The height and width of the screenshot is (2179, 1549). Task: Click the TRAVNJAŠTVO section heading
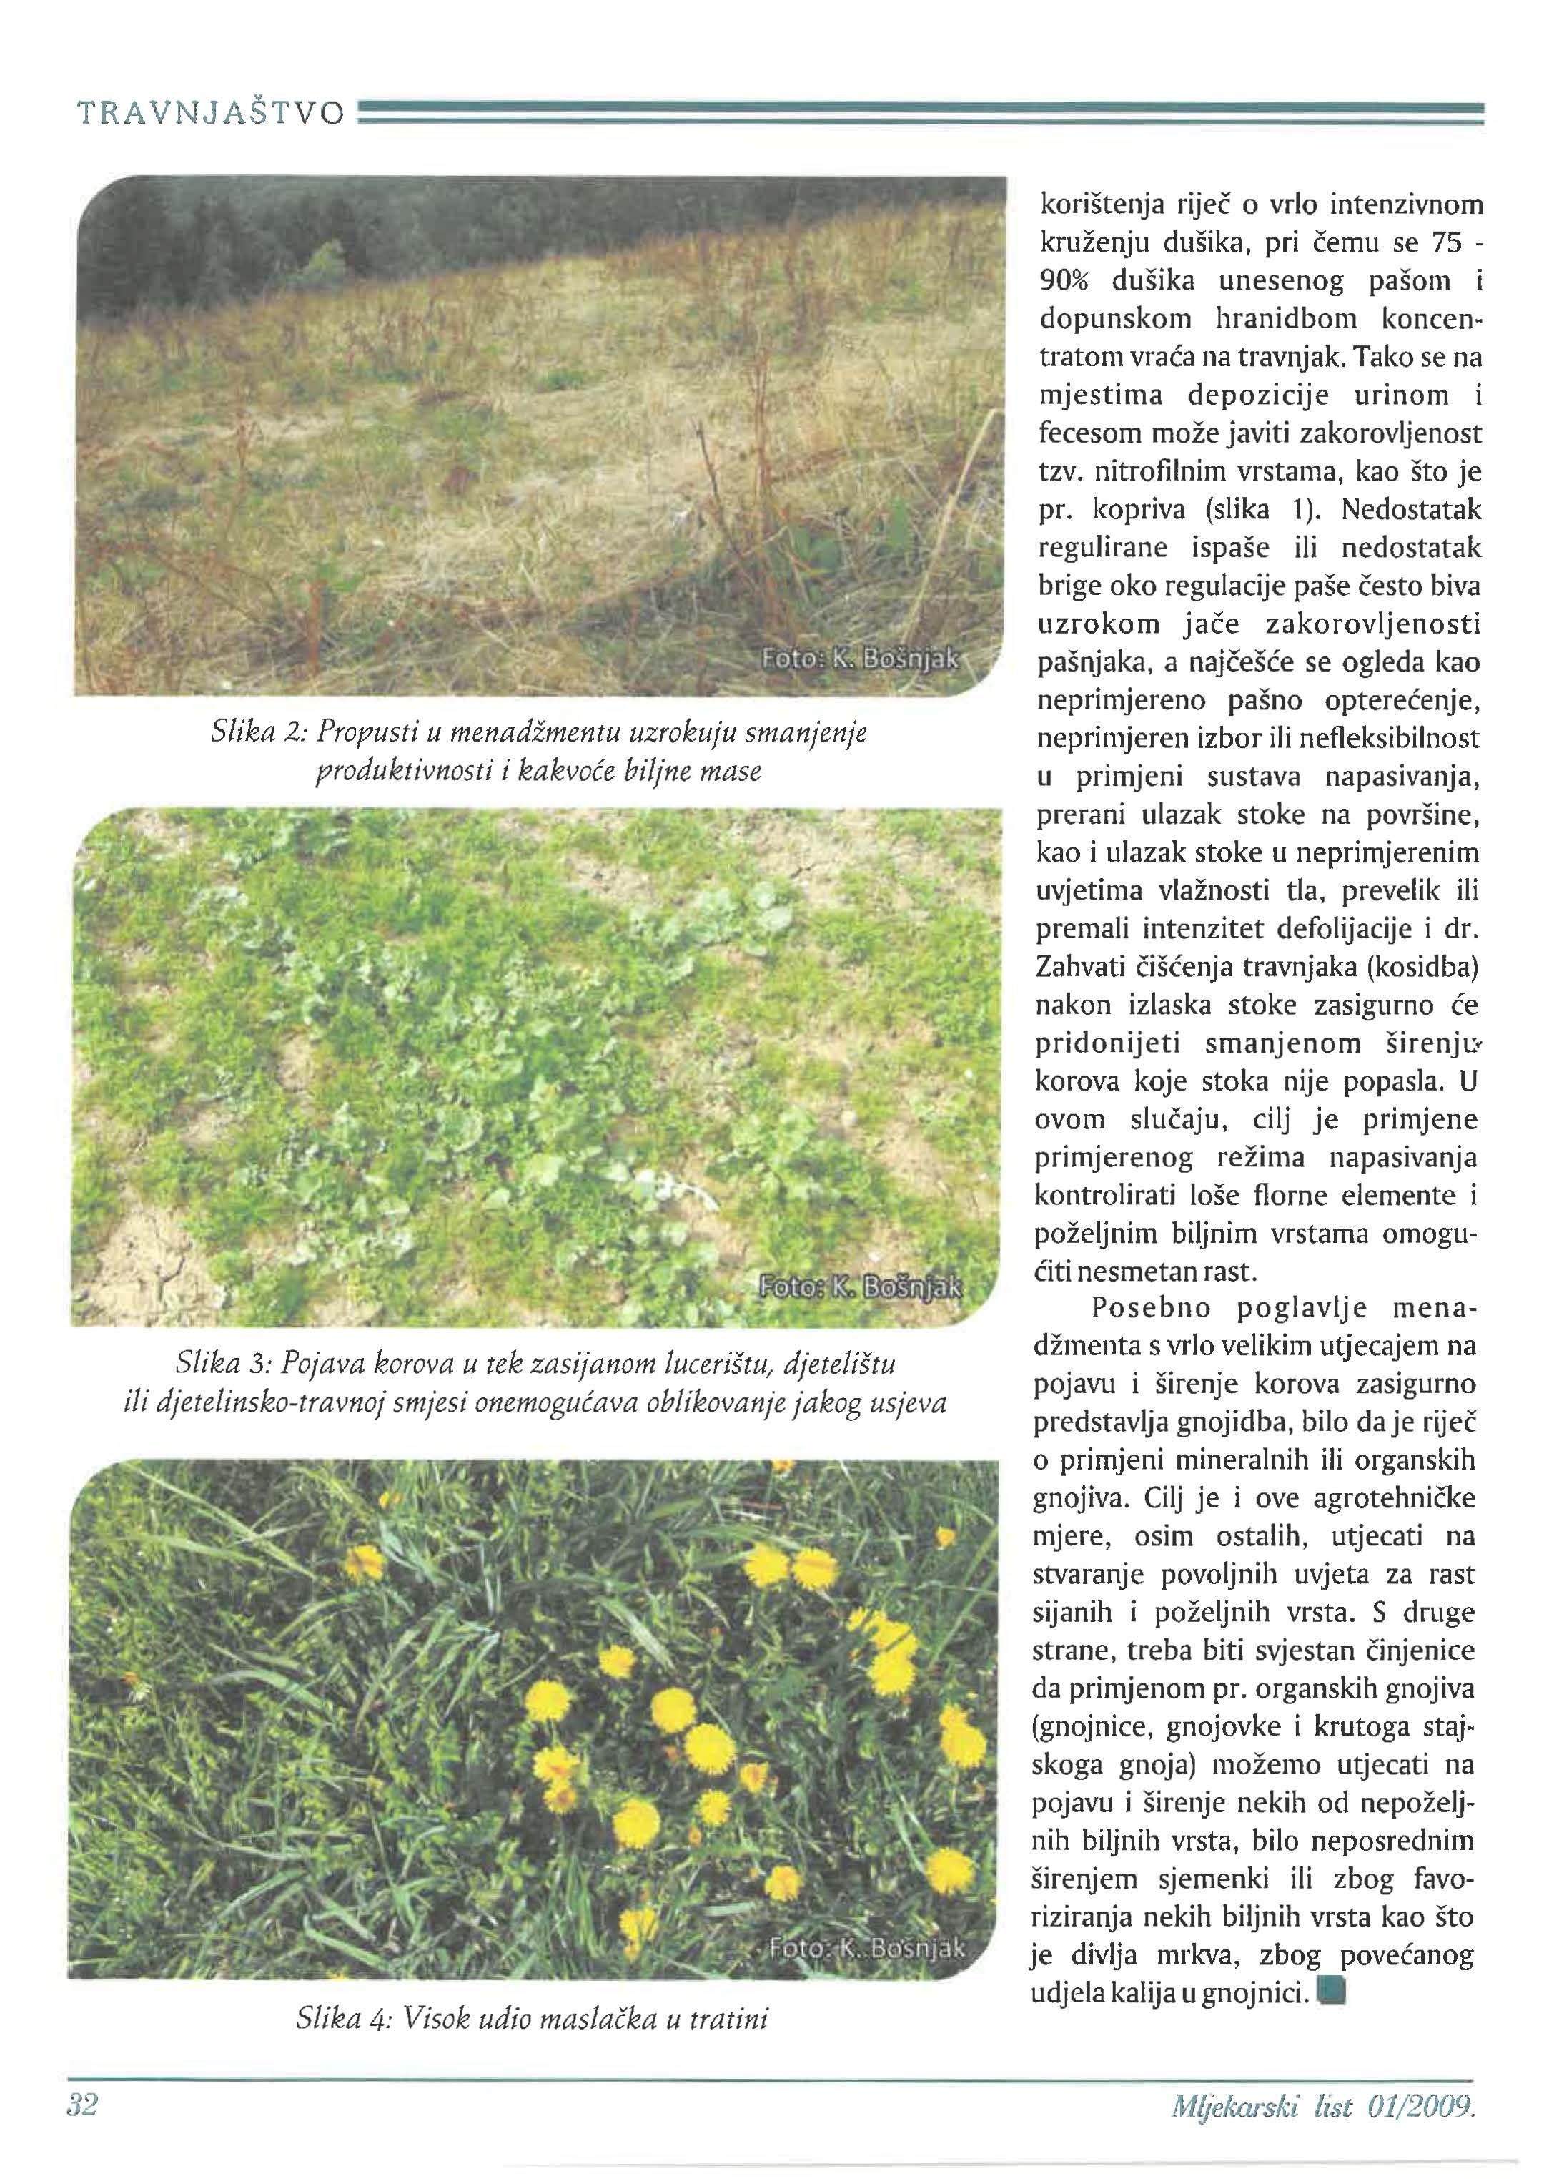(x=210, y=114)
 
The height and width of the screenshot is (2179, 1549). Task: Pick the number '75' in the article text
(x=1444, y=243)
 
